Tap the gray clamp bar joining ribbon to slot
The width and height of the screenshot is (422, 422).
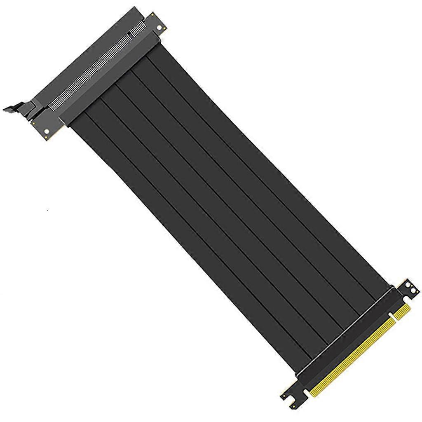[111, 78]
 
